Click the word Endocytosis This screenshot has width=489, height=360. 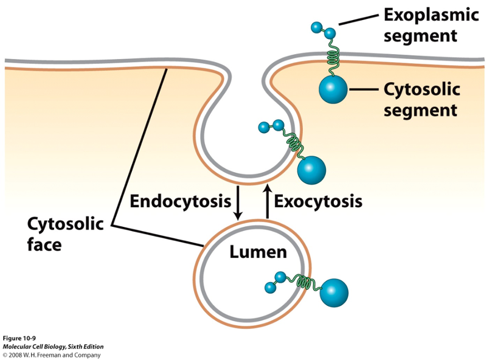(180, 200)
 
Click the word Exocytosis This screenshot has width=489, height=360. (318, 200)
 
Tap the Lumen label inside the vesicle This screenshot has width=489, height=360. (258, 251)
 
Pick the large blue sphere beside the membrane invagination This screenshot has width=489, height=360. (311, 169)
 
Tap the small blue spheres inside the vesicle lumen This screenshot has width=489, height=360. (275, 281)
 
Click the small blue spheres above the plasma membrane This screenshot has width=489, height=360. (322, 29)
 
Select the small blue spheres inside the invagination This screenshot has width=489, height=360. (271, 126)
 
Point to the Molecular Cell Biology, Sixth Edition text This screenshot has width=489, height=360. (53, 347)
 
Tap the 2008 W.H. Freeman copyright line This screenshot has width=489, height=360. (52, 355)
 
